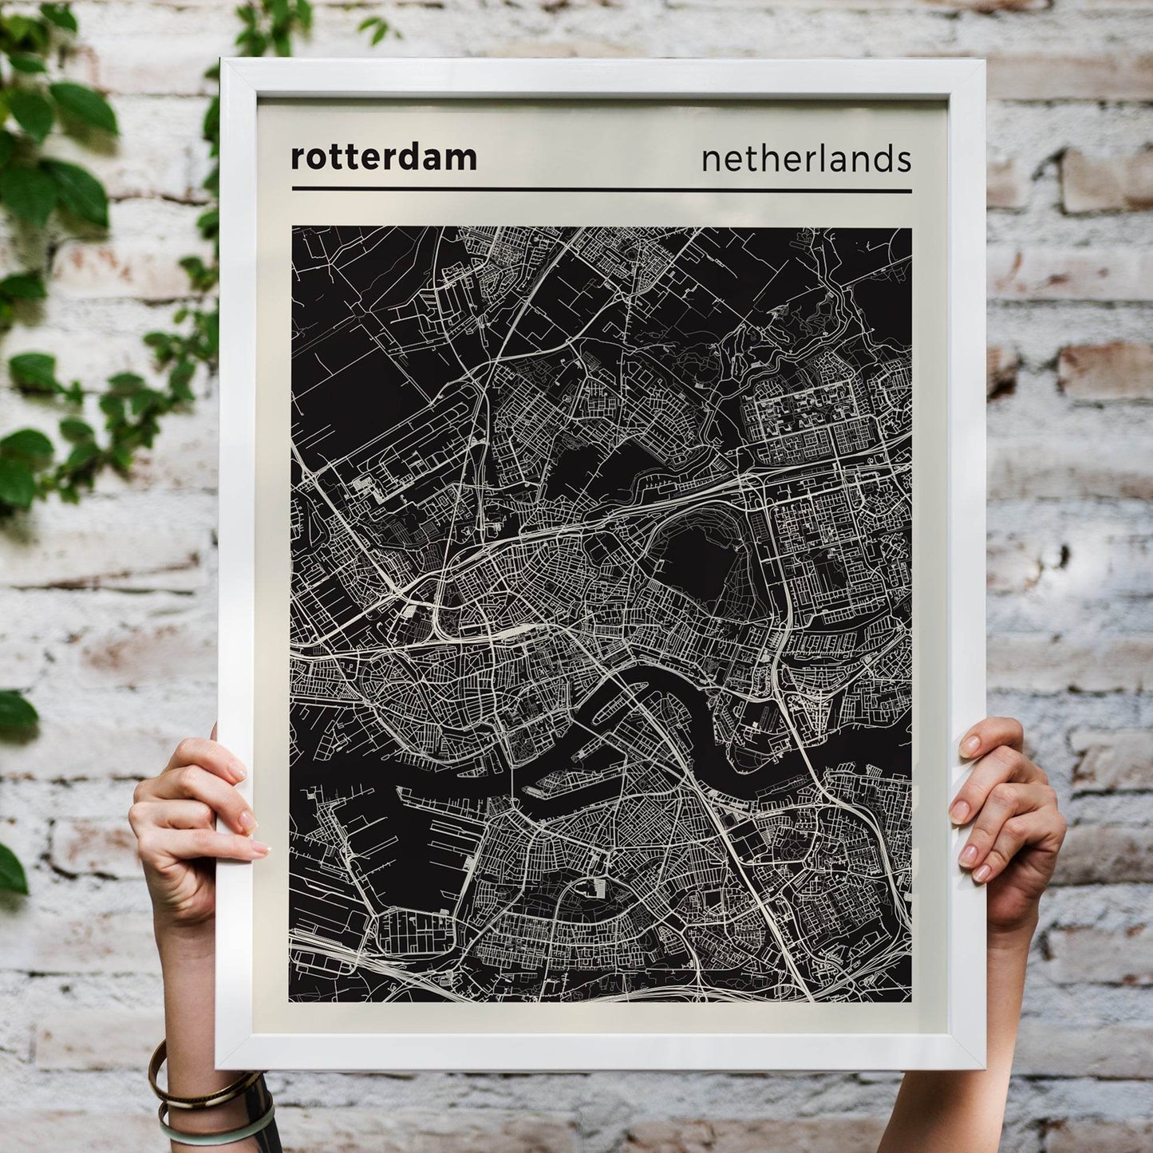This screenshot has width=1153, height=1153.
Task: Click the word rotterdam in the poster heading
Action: click(x=384, y=157)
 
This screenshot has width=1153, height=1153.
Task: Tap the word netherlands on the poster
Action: click(x=806, y=159)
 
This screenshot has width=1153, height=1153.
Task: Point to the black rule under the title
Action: click(x=602, y=190)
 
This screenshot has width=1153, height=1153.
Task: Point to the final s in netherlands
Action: click(x=904, y=160)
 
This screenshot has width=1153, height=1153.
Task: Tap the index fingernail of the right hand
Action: click(x=969, y=745)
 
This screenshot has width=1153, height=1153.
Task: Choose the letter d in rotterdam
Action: click(x=423, y=156)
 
